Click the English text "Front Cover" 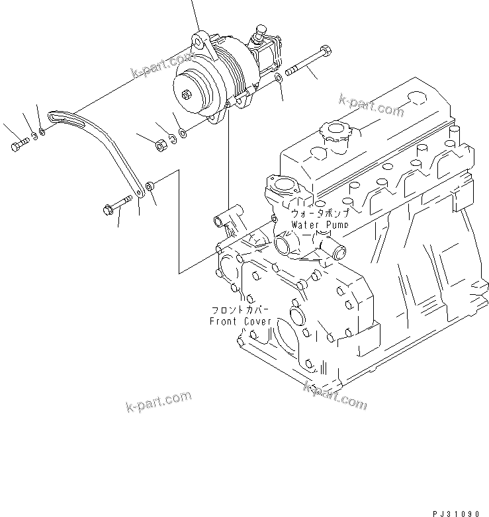pyautogui.click(x=240, y=321)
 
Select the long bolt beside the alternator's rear pyautogui.click(x=308, y=61)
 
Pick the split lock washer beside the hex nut pyautogui.click(x=171, y=138)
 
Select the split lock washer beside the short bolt pyautogui.click(x=32, y=138)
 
